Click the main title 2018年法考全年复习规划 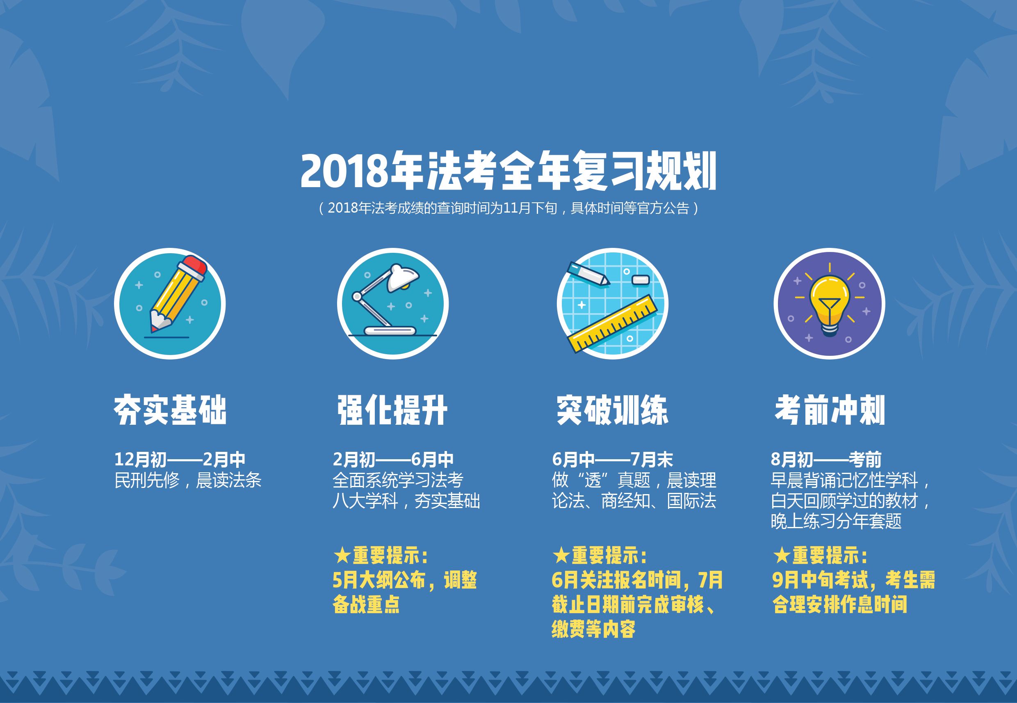click(x=508, y=172)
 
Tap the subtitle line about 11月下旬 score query click(x=508, y=208)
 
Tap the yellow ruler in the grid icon click(x=613, y=324)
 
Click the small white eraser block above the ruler click(x=640, y=279)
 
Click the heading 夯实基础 click(x=170, y=410)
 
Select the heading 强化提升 click(x=392, y=410)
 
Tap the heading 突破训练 click(x=612, y=410)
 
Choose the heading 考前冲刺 click(x=830, y=410)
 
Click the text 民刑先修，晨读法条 click(x=188, y=480)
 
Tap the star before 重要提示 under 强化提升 click(x=342, y=556)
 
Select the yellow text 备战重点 click(x=366, y=605)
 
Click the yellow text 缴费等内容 click(x=594, y=630)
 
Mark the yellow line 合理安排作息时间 click(x=840, y=605)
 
